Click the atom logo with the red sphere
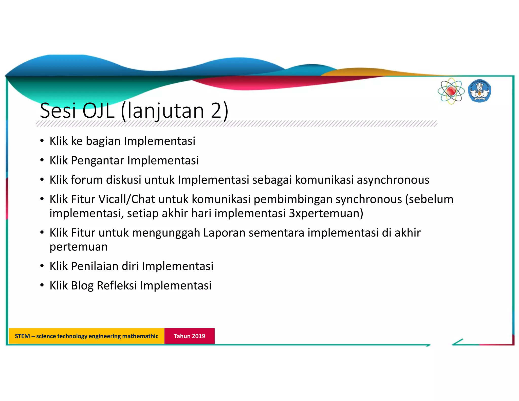(451, 91)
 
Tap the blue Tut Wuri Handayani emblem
(479, 91)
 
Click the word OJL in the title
(98, 111)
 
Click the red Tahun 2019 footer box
(189, 336)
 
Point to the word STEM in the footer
(22, 336)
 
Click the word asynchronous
(393, 180)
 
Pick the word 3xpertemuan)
(326, 213)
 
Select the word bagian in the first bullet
(103, 141)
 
